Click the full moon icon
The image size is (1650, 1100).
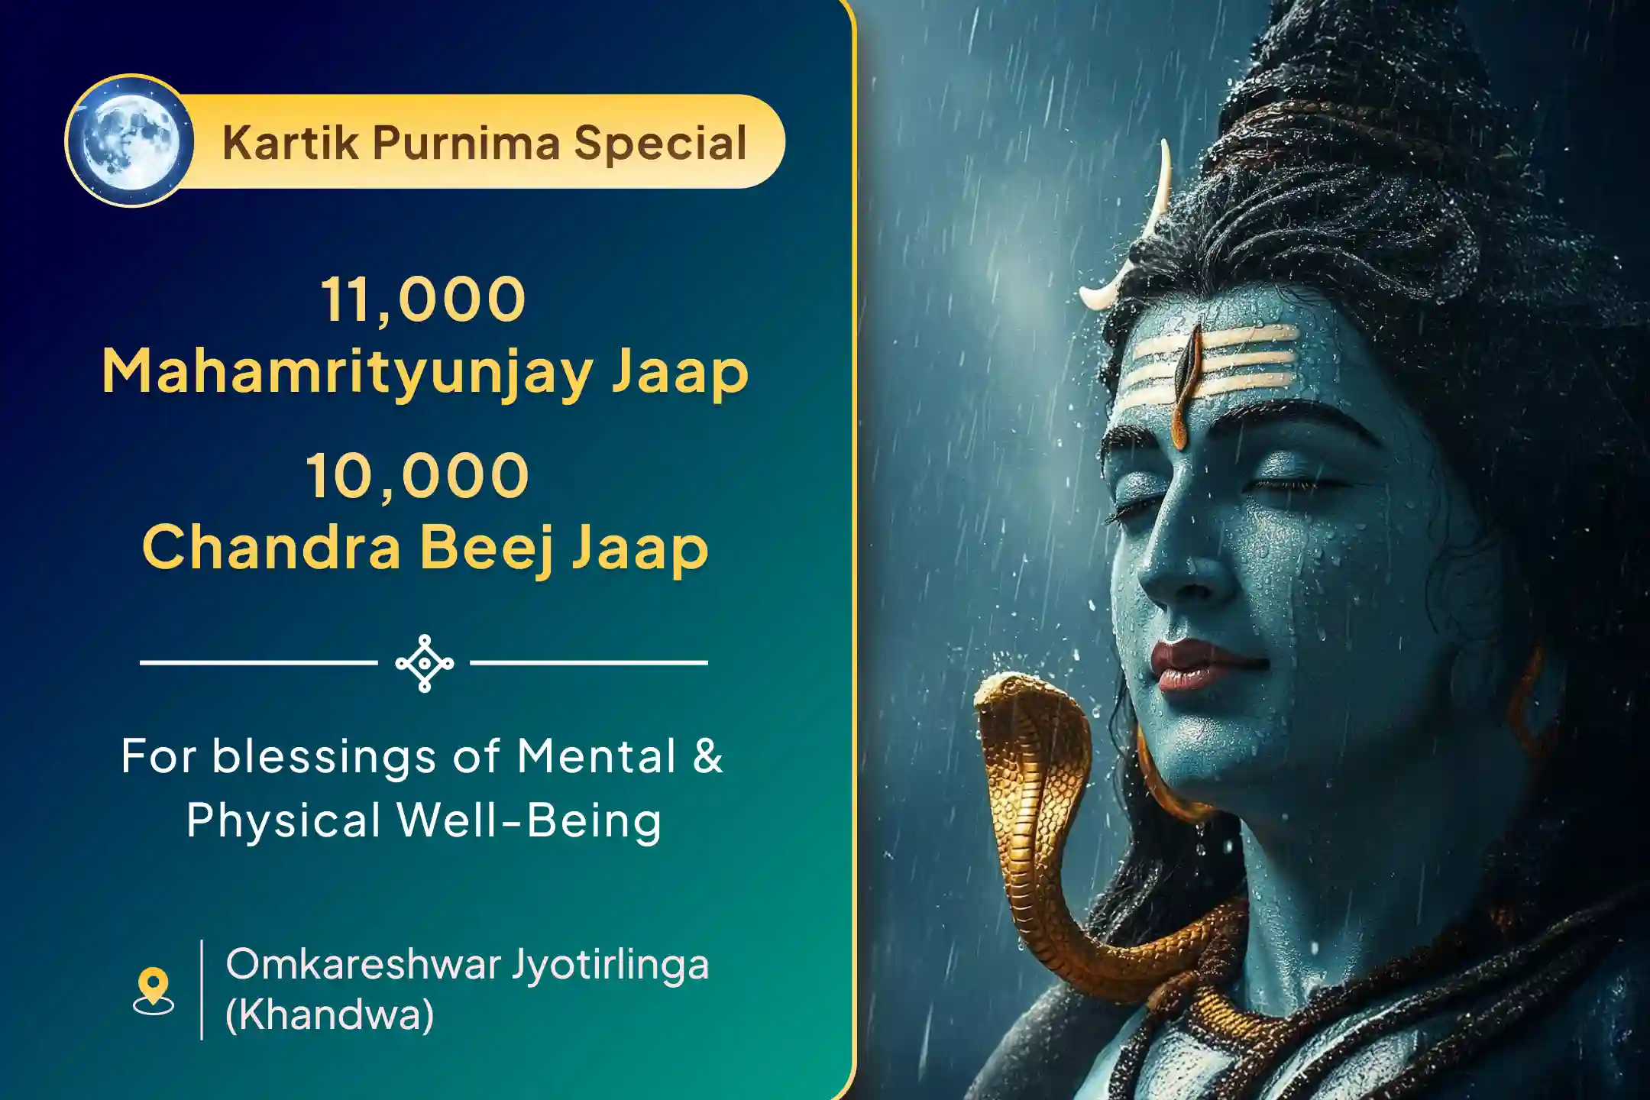131,141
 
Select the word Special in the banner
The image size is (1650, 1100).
660,143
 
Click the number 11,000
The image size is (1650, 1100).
423,299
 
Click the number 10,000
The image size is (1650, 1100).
418,475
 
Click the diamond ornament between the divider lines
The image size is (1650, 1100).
425,663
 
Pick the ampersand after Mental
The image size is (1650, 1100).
708,756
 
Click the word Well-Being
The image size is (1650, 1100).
529,820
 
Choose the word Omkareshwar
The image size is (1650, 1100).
362,964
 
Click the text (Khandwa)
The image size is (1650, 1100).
329,1014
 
